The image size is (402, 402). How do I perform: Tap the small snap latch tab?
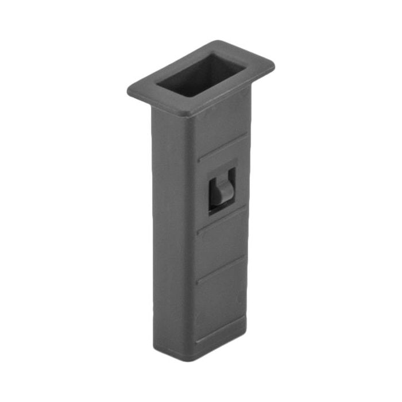point(221,192)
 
